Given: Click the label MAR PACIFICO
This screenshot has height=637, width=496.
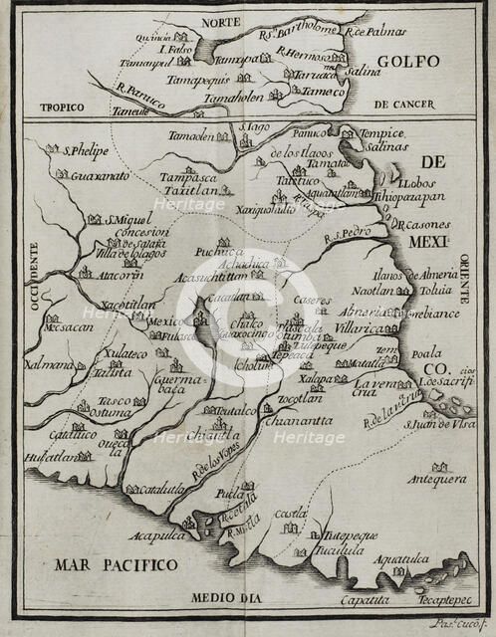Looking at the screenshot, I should coord(104,565).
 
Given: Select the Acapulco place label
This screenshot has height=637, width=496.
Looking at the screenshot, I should coord(159,536).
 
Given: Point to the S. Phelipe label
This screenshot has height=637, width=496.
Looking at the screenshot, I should coord(84,151).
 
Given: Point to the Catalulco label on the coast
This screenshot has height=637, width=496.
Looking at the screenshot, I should coord(162,489).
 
